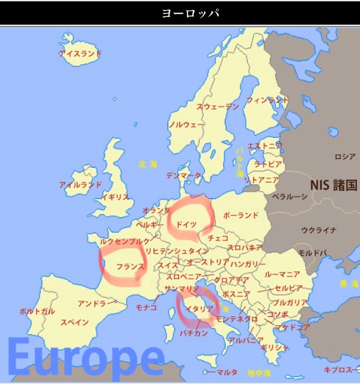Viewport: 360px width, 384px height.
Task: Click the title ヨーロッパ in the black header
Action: (x=190, y=13)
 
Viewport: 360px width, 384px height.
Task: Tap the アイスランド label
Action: (x=80, y=53)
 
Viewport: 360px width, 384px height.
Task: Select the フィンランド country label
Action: (x=268, y=100)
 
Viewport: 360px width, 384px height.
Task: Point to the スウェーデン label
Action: (x=217, y=106)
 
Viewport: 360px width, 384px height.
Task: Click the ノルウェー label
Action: (x=186, y=124)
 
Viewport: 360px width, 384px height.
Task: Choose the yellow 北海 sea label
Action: (x=148, y=164)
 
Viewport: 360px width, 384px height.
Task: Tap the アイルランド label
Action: (x=80, y=185)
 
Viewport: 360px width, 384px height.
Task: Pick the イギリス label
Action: (x=115, y=197)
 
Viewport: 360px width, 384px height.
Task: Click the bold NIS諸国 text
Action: (x=334, y=186)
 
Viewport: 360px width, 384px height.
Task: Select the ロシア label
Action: (x=345, y=157)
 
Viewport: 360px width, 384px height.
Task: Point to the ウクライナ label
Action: (x=319, y=230)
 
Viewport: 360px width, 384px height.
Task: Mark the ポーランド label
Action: (x=241, y=215)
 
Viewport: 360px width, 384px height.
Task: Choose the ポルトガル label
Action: (x=37, y=311)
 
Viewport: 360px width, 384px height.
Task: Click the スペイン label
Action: (x=75, y=322)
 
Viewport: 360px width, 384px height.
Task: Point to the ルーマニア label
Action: (x=282, y=275)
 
